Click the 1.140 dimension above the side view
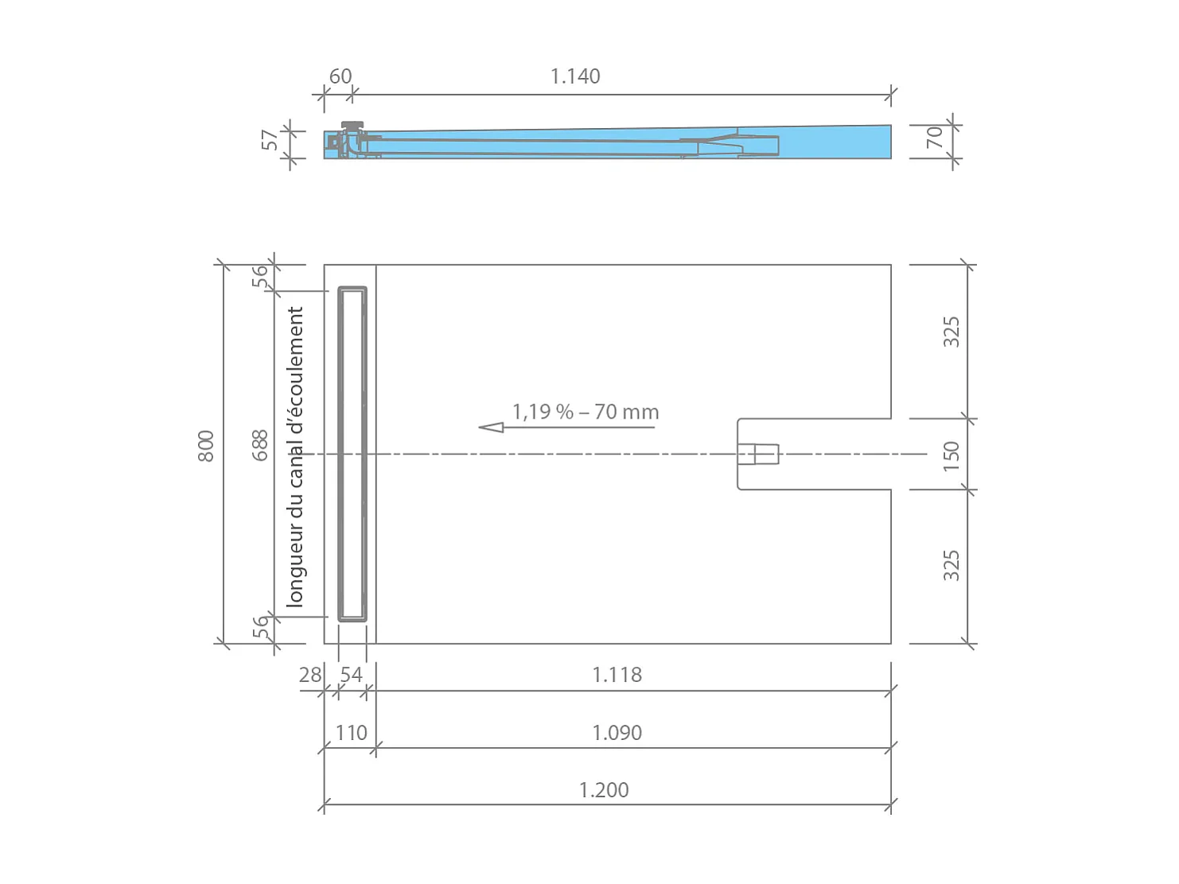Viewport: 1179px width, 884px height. click(x=574, y=76)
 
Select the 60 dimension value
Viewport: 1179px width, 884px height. click(x=340, y=76)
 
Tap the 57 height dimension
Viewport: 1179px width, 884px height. click(x=270, y=140)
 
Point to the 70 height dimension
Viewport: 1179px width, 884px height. click(x=935, y=137)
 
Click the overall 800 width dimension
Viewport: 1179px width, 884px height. click(x=205, y=446)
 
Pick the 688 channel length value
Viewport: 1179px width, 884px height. click(x=260, y=445)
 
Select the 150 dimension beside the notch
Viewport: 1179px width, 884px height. click(x=951, y=456)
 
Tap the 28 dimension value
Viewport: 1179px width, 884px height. click(x=309, y=675)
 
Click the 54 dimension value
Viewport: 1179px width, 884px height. click(x=351, y=675)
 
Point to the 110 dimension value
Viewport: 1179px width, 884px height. click(x=351, y=733)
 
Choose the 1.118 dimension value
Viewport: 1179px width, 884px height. click(x=617, y=675)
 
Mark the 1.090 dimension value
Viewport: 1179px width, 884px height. click(x=617, y=733)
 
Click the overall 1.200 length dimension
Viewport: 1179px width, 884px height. click(x=603, y=790)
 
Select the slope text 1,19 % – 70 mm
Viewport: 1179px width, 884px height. click(x=586, y=412)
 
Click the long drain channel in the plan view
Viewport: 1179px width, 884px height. click(x=352, y=454)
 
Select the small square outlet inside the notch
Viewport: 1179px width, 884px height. click(x=757, y=454)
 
